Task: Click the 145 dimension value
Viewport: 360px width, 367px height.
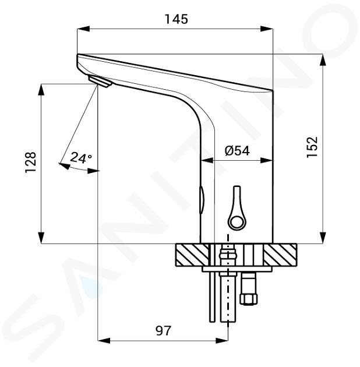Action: point(177,19)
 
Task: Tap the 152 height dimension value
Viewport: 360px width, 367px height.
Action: point(312,147)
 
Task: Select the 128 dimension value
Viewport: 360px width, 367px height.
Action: point(31,163)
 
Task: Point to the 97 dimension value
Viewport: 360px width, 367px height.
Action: point(163,330)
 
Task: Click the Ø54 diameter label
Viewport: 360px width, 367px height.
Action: point(237,150)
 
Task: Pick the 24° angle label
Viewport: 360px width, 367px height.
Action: point(81,157)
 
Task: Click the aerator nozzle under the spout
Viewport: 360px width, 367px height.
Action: point(100,81)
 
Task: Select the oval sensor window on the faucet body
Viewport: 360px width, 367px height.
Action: point(202,200)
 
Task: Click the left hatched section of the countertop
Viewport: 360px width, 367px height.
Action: point(192,255)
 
